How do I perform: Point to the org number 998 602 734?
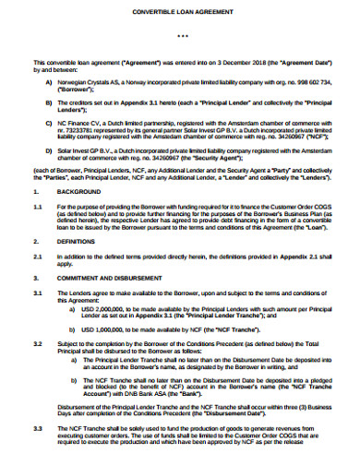pyautogui.click(x=310, y=82)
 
